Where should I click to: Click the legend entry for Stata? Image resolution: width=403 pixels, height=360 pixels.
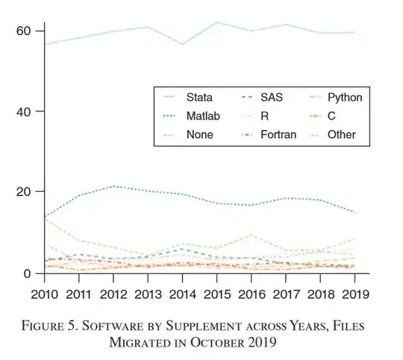[199, 97]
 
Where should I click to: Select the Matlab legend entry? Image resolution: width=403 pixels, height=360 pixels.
[202, 116]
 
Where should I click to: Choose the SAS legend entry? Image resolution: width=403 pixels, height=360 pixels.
[271, 97]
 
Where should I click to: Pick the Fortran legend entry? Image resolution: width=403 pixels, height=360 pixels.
[278, 134]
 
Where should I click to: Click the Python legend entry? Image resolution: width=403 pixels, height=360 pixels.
[345, 97]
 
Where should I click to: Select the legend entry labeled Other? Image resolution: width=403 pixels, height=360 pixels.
[342, 134]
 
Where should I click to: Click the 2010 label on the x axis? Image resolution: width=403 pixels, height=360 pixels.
[45, 292]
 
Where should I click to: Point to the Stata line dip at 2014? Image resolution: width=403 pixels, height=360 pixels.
[182, 44]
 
